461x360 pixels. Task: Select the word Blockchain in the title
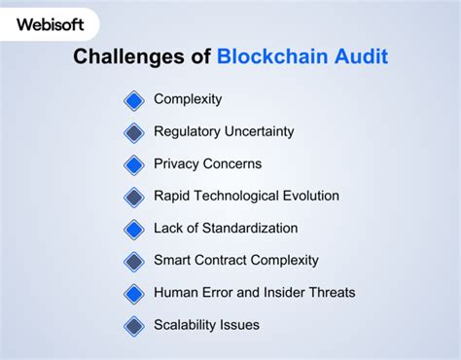(x=271, y=57)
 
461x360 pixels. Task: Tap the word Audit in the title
(x=358, y=57)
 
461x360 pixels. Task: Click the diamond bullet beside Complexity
(x=134, y=100)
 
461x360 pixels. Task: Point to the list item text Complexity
(x=188, y=99)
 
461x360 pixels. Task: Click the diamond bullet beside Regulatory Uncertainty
(x=134, y=132)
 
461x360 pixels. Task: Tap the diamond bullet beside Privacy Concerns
(x=134, y=164)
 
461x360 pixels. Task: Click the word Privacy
(x=176, y=163)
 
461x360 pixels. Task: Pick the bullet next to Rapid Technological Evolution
(x=134, y=197)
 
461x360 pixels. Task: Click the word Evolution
(x=307, y=196)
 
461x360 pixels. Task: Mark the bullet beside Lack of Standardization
(x=134, y=230)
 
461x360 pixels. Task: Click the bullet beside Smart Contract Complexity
(x=134, y=262)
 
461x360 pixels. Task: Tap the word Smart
(x=173, y=260)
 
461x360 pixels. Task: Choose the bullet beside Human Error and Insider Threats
(x=134, y=294)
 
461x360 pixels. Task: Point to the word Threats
(x=332, y=292)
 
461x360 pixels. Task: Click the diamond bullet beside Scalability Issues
(x=134, y=326)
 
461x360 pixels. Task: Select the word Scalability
(x=188, y=324)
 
